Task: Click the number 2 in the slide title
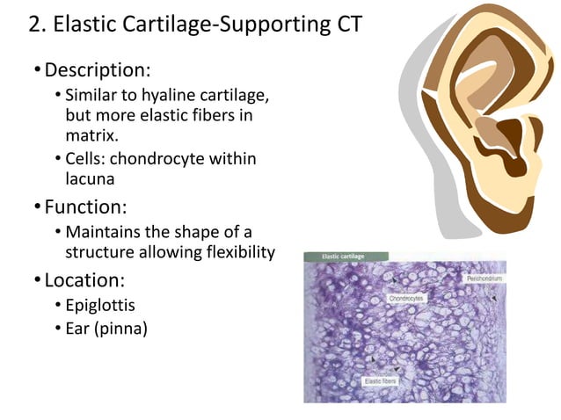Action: [36, 25]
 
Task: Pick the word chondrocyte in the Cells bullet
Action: [163, 159]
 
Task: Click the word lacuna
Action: [91, 179]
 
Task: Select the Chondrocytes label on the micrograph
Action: [406, 299]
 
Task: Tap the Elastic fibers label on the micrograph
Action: [380, 381]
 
